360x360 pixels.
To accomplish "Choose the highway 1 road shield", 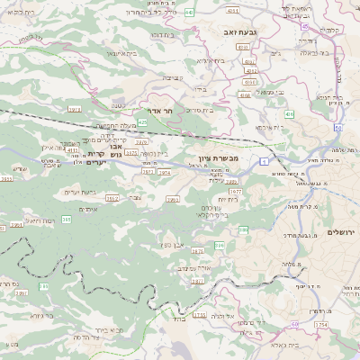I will coord(265,160).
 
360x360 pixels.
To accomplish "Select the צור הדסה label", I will coord(89,337).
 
